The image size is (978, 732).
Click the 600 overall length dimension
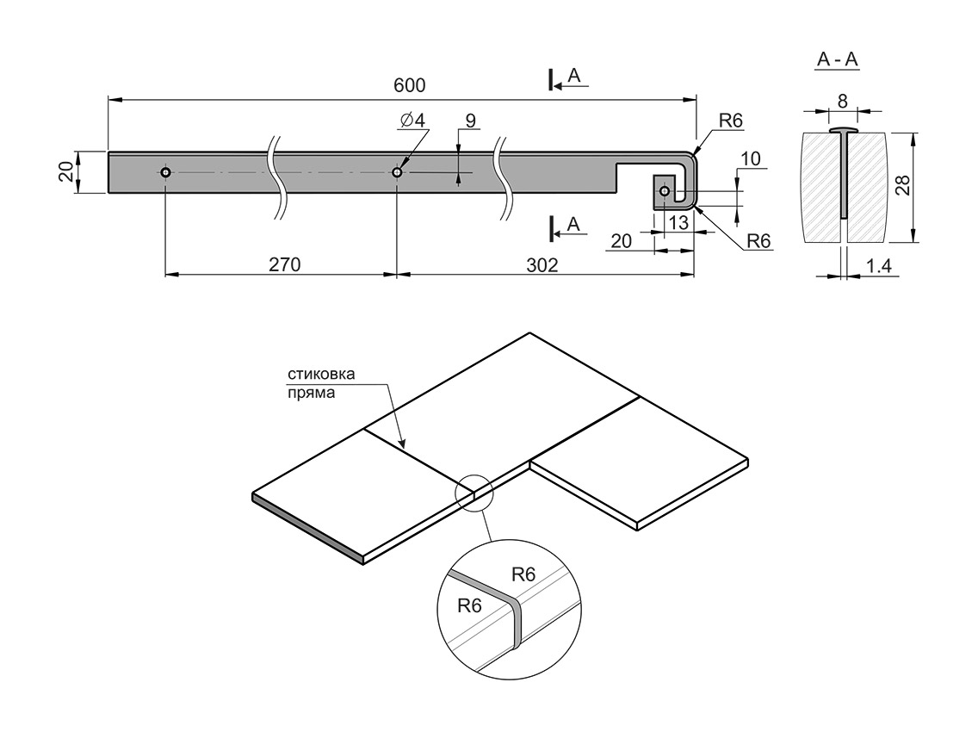[410, 85]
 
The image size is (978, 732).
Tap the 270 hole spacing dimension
[283, 264]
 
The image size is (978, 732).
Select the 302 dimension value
[541, 264]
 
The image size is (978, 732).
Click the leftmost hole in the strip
[165, 172]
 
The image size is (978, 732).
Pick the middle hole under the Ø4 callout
[397, 172]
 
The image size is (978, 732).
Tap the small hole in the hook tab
[664, 189]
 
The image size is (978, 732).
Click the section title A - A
[837, 60]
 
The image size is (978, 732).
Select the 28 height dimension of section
[902, 186]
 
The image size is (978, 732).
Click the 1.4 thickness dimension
[879, 267]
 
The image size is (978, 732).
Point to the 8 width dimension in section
[842, 101]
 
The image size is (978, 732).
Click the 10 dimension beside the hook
[749, 158]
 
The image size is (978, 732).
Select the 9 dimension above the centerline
[469, 121]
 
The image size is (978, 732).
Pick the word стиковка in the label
[320, 375]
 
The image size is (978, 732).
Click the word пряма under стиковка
[310, 393]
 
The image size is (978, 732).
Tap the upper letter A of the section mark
[574, 77]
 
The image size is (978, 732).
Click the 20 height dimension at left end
[65, 172]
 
